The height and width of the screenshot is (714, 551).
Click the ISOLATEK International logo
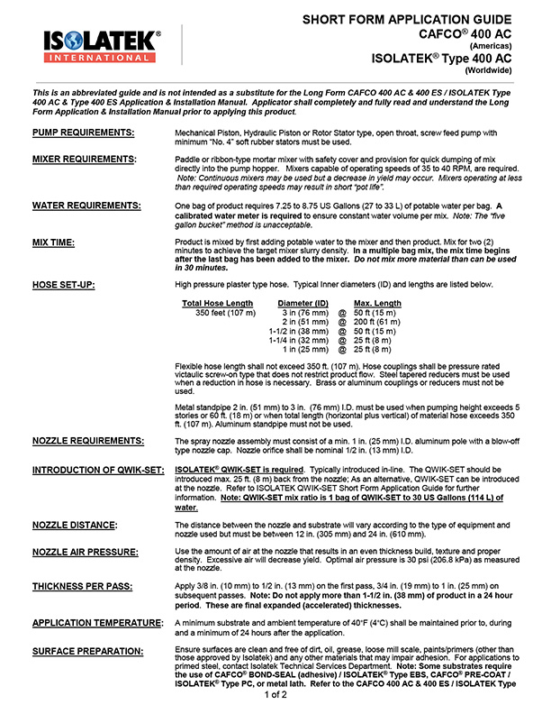(102, 45)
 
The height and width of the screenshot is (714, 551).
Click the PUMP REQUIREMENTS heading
(84, 133)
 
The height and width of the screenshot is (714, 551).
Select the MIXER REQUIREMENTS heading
(85, 159)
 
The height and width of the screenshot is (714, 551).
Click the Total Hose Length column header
(217, 303)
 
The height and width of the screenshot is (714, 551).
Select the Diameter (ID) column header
(302, 303)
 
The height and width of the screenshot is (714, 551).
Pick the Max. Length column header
(377, 303)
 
